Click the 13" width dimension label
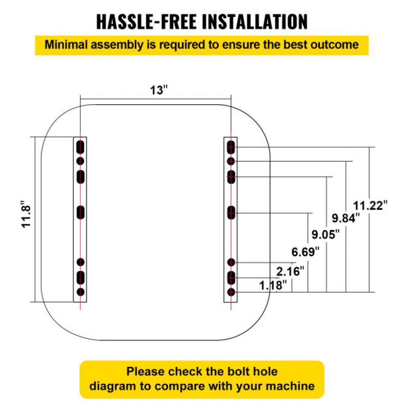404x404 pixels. (157, 90)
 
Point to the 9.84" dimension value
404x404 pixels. (345, 219)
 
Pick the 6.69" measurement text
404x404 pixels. (305, 253)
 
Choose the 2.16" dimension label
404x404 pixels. (290, 271)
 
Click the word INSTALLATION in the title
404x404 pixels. (255, 22)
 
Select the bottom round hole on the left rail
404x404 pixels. (80, 292)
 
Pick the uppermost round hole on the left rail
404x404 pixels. (80, 161)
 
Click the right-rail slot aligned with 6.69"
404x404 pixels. (231, 213)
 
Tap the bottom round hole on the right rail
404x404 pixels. (231, 292)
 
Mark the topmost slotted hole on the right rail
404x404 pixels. (231, 147)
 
